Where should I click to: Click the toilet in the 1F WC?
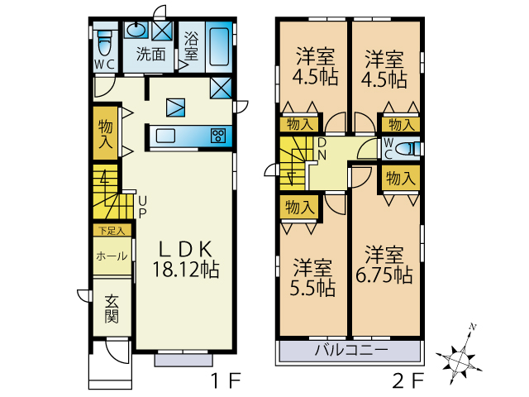pos(105,43)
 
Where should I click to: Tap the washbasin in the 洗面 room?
pos(136,31)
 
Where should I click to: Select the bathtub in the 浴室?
pos(219,46)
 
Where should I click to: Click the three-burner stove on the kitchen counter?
pos(218,136)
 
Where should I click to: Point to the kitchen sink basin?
pos(165,136)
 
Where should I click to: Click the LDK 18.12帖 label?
pos(186,259)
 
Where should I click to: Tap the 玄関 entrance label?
pos(112,309)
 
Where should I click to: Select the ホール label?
pos(112,256)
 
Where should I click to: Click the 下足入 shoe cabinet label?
pos(112,231)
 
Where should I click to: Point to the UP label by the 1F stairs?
pos(142,208)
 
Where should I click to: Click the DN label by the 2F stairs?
pos(322,149)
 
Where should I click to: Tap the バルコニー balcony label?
pos(351,350)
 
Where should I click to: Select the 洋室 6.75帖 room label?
pos(384,265)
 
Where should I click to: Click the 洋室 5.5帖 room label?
pos(312,278)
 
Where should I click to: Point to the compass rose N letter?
pos(473,327)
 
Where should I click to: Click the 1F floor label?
pos(226,380)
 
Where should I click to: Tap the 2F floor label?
pos(407,380)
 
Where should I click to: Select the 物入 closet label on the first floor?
pos(105,133)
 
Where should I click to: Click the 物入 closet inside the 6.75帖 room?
pos(401,178)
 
